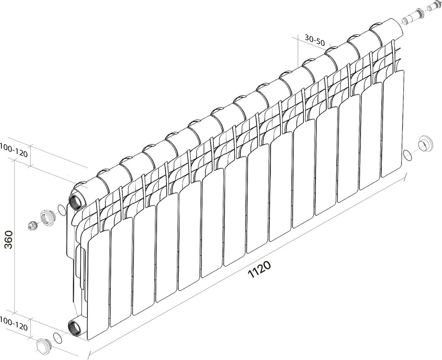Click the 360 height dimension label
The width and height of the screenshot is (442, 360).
(x=9, y=239)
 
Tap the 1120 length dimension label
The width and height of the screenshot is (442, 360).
(x=259, y=270)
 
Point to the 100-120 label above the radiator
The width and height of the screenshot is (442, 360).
(x=14, y=154)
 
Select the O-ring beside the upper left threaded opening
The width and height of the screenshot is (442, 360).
(x=61, y=209)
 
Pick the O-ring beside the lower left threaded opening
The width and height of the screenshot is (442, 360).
(x=57, y=338)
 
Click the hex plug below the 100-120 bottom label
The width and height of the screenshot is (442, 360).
(x=43, y=346)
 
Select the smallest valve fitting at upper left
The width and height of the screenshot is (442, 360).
(x=32, y=225)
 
